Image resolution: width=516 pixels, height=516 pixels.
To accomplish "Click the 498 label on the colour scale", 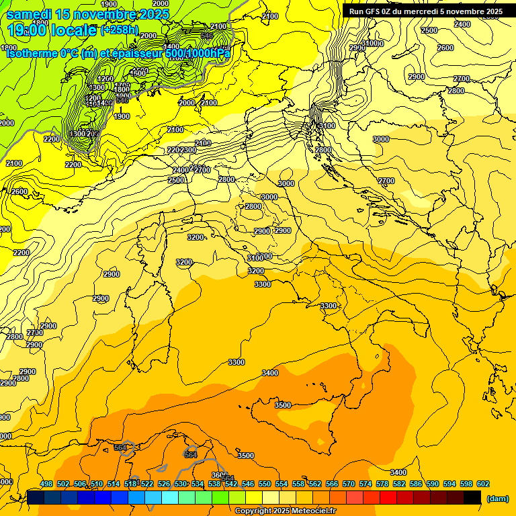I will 46,484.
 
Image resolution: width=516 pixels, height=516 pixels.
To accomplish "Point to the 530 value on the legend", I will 181,484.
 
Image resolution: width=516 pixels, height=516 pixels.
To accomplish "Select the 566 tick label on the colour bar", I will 332,484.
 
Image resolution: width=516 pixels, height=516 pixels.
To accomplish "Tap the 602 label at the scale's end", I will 483,484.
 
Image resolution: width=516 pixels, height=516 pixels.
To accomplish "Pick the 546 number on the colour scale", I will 248,484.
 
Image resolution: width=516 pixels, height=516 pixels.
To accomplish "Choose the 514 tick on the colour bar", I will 114,484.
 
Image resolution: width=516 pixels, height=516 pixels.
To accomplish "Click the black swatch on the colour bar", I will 472,497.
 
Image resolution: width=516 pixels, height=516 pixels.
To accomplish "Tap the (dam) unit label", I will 497,499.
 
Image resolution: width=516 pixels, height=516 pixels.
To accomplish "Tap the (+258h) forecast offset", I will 120,30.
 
